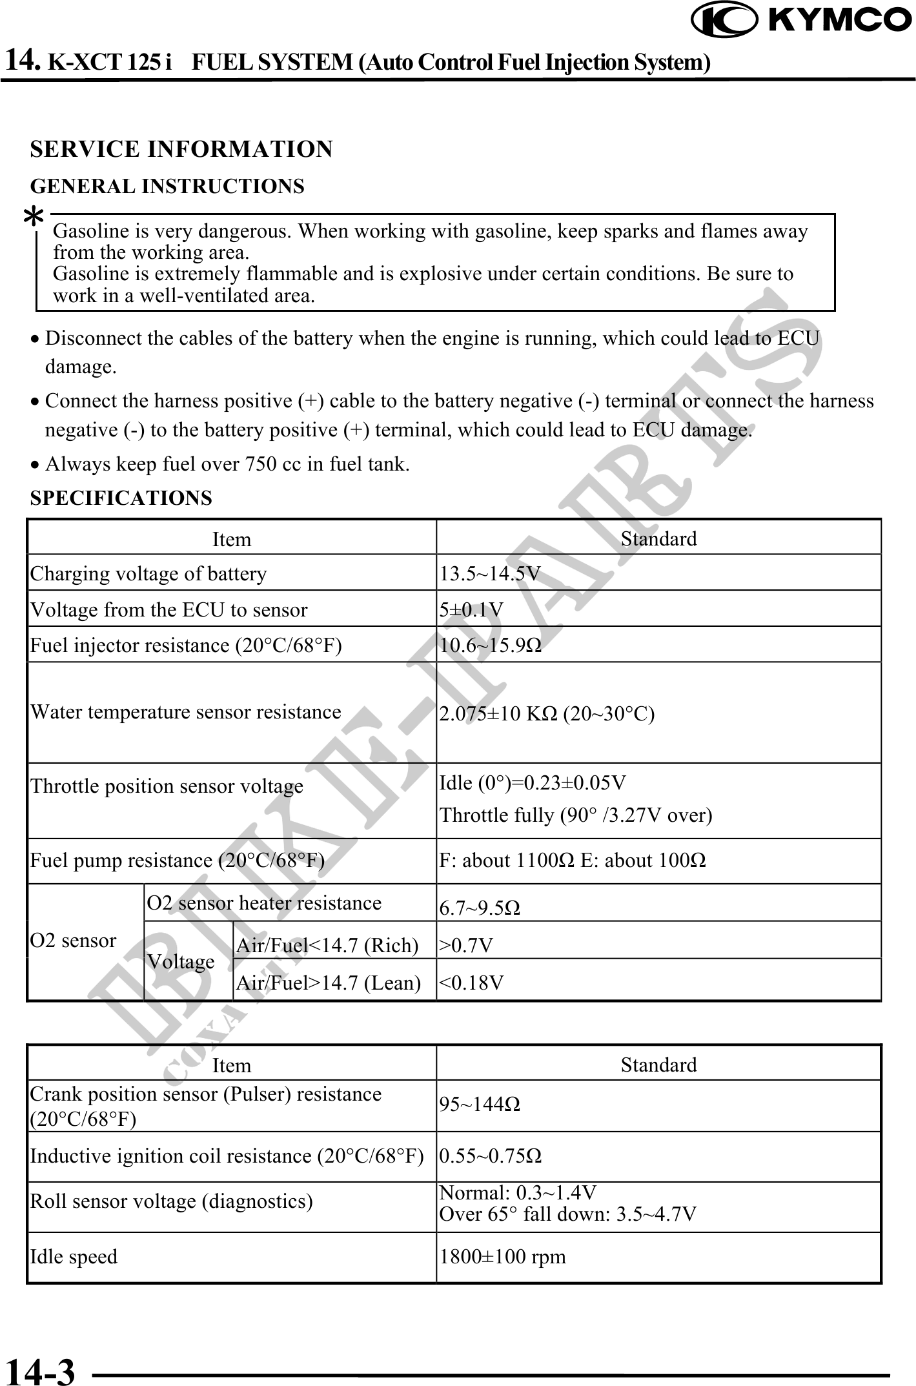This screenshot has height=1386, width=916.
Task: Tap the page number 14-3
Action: pos(40,1371)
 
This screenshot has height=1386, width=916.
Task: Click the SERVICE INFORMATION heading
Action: pos(181,149)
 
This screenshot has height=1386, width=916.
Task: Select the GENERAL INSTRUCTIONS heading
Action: pos(167,187)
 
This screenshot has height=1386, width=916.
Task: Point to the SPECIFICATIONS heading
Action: pos(121,498)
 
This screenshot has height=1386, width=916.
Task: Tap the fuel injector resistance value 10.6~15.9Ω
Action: pos(491,645)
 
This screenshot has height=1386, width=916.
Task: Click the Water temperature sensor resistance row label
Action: pos(186,712)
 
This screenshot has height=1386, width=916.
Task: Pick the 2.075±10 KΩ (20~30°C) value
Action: pos(547,714)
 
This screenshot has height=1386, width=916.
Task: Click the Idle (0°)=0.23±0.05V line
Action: pos(533,783)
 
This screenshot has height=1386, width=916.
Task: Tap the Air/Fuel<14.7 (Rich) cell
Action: pos(327,946)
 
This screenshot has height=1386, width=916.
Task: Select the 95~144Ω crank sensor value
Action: pos(480,1105)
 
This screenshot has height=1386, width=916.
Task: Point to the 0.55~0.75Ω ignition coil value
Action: pos(491,1156)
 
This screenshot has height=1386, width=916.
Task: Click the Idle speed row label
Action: pos(74,1257)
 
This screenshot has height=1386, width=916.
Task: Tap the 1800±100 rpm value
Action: pos(502,1256)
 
